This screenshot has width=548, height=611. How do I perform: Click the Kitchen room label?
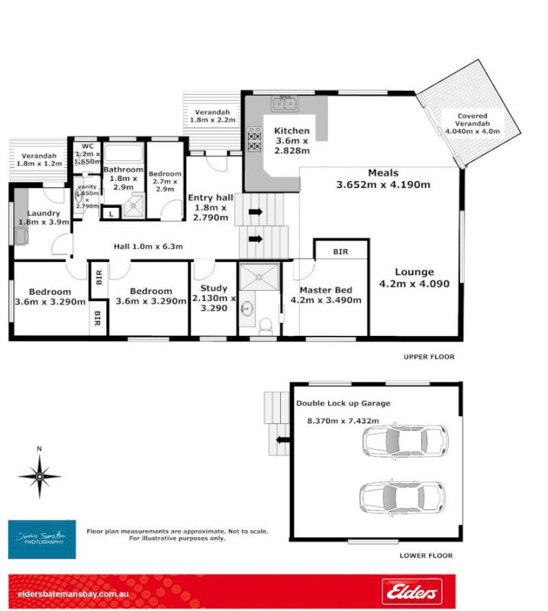[x=291, y=131]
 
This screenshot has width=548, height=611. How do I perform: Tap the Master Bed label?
[x=325, y=290]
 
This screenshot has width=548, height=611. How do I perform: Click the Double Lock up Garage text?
[x=343, y=402]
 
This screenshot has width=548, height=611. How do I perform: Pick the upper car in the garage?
[x=405, y=441]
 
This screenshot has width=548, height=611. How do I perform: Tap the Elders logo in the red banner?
[x=411, y=590]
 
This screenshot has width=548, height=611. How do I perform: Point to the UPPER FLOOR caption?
[x=429, y=357]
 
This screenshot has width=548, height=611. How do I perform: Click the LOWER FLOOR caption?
[x=427, y=556]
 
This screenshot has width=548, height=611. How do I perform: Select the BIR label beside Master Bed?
[x=341, y=251]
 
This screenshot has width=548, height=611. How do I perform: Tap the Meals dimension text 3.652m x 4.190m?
[x=382, y=184]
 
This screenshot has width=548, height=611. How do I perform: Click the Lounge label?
[x=414, y=272]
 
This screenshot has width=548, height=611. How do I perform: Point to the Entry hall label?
[x=210, y=198]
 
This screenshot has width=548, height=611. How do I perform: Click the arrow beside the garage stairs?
[x=282, y=439]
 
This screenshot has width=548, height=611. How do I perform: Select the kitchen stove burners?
[x=254, y=142]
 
